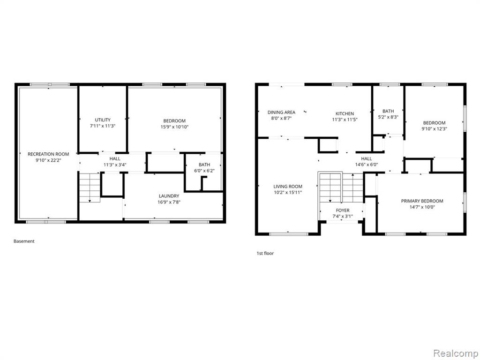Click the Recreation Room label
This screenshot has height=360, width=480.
click(48, 154)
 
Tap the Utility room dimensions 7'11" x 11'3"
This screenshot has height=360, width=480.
click(103, 126)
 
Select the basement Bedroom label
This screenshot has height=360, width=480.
click(174, 120)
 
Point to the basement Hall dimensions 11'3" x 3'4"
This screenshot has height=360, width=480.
click(115, 165)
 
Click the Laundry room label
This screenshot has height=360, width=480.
click(169, 196)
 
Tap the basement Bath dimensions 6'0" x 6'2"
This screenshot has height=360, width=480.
click(204, 171)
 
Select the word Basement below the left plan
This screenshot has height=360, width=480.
click(24, 241)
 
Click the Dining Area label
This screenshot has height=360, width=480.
click(281, 112)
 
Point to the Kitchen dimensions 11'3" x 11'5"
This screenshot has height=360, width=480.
click(345, 120)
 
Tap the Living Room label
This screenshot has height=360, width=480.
click(288, 187)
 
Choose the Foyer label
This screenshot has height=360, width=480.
click(343, 210)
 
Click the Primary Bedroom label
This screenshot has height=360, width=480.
click(422, 201)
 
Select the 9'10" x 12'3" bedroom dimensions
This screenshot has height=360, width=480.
click(434, 129)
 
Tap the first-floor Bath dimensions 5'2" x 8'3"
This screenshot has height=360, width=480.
click(388, 117)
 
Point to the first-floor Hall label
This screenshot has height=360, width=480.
click(367, 158)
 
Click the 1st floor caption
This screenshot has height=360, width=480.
click(265, 253)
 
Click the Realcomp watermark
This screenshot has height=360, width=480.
click(456, 353)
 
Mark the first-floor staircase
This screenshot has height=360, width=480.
click(341, 187)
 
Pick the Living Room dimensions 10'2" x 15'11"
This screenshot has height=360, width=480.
click(288, 193)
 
